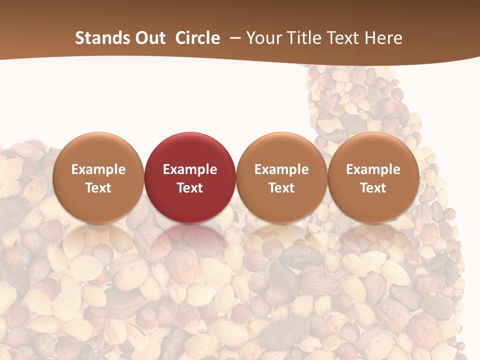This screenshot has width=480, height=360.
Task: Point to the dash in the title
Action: coord(233,38)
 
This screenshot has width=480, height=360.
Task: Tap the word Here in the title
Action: coord(384,38)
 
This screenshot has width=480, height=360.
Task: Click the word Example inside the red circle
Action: coord(189,169)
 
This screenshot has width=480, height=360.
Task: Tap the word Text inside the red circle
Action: coord(189,188)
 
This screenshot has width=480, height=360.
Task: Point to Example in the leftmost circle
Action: coord(98,169)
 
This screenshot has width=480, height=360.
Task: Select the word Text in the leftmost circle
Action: coord(98,188)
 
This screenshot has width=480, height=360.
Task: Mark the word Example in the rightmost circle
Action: coord(373,169)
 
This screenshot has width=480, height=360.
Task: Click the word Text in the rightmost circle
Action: coord(373,188)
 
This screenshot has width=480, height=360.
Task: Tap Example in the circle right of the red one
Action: coord(281,169)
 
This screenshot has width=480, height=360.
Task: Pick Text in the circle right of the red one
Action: coord(281,188)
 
